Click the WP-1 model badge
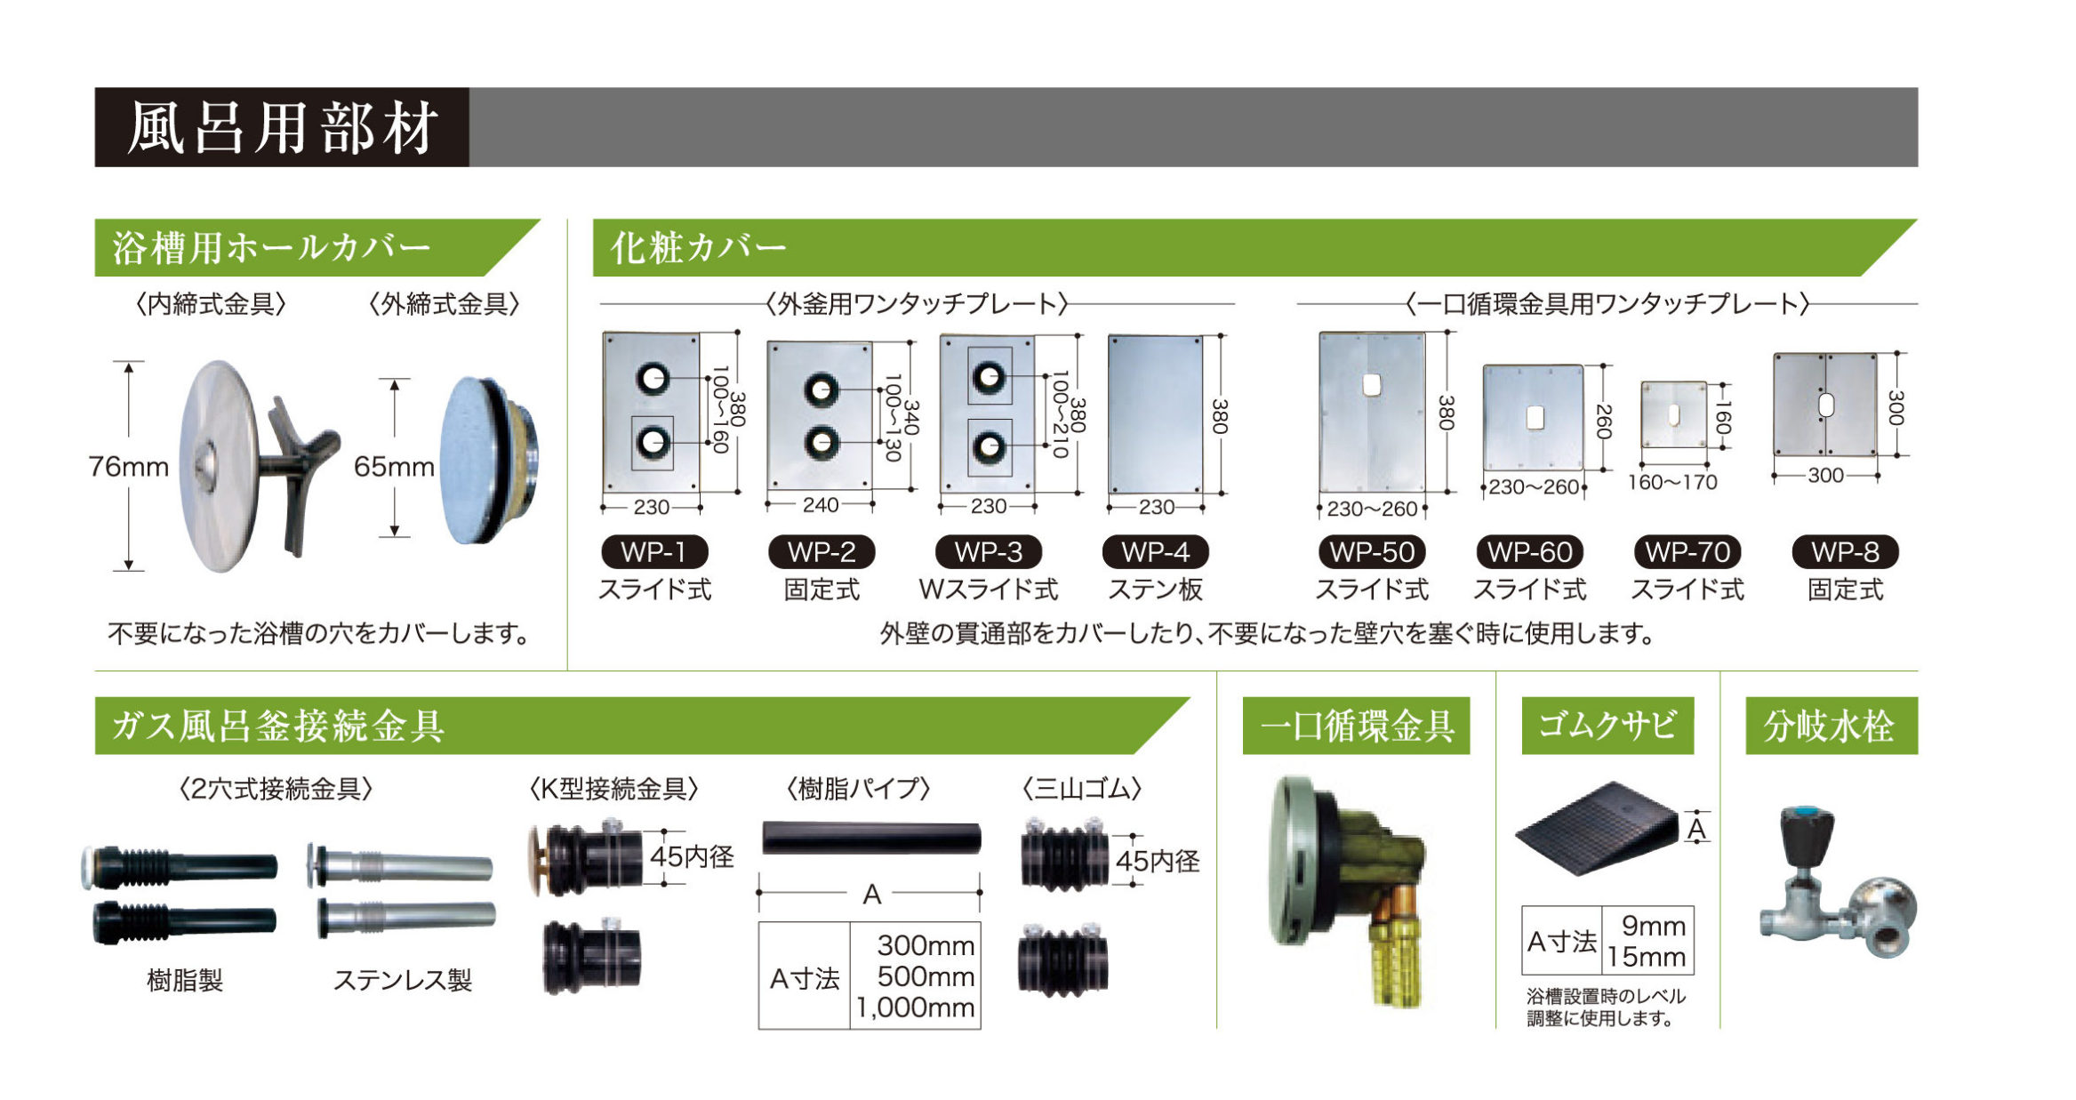coord(654,551)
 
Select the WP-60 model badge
coord(1529,551)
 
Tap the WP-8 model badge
coord(1845,551)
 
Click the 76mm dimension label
coord(129,466)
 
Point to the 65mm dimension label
coord(394,466)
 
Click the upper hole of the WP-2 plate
coord(821,390)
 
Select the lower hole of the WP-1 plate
coord(653,442)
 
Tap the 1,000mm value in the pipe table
coord(916,1008)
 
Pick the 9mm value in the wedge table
coord(1654,926)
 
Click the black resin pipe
coord(871,838)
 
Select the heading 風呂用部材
coord(283,127)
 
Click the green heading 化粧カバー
coord(699,247)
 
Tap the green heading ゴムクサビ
coord(1607,726)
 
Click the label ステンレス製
coord(403,980)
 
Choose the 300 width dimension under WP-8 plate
coord(1825,475)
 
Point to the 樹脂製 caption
coord(185,980)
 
